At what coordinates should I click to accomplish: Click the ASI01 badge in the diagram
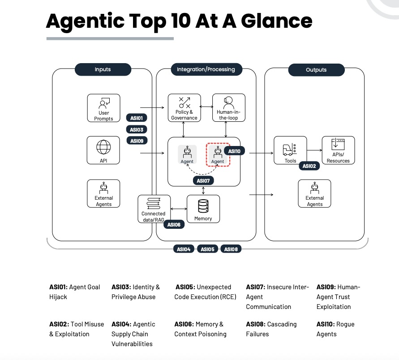click(137, 118)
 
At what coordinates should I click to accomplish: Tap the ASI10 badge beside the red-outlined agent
click(234, 151)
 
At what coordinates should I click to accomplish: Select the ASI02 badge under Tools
click(309, 166)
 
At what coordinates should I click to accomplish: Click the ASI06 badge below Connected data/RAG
click(174, 225)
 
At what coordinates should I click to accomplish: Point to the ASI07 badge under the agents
click(203, 181)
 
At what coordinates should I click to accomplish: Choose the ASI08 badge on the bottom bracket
click(231, 249)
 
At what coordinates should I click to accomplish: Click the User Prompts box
click(103, 108)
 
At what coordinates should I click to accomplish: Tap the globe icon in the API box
click(103, 147)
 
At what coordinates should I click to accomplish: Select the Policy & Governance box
click(184, 108)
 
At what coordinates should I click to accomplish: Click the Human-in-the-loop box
click(228, 108)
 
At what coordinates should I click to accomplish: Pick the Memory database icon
click(203, 206)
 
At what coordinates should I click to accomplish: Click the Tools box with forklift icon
click(290, 150)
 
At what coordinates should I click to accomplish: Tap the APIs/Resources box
click(338, 150)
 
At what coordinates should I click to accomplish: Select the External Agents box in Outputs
click(314, 193)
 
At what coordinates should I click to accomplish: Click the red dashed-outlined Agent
click(218, 154)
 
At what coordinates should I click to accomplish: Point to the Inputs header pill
click(103, 69)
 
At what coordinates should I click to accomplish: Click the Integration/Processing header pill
click(206, 69)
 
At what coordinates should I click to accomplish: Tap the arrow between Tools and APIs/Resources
click(314, 150)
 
